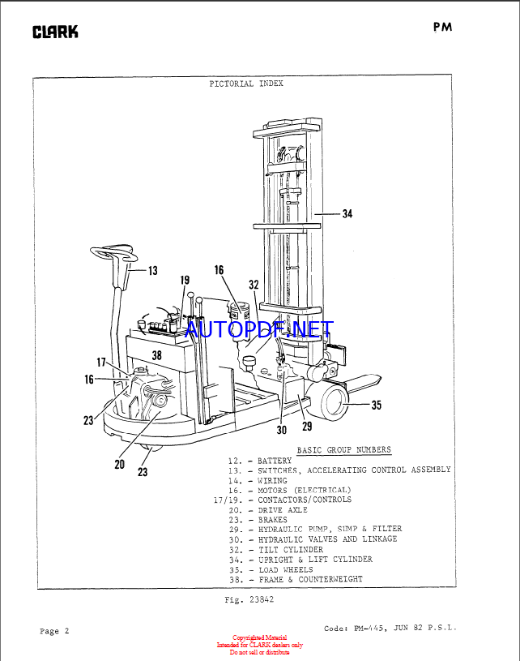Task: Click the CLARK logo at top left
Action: [55, 32]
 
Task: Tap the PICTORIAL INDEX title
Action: [246, 84]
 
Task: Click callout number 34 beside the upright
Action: [347, 214]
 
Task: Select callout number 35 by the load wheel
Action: [377, 405]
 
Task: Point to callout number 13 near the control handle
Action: [153, 271]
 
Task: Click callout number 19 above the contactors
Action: [185, 280]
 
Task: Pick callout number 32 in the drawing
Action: [254, 285]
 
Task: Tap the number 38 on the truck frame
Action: [156, 355]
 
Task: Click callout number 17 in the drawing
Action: [101, 362]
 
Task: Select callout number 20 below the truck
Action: [120, 464]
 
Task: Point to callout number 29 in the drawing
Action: [307, 426]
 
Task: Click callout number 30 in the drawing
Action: [282, 430]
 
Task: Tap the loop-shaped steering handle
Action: [114, 254]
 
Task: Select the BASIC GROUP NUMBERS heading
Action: [344, 450]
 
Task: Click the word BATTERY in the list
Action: [275, 461]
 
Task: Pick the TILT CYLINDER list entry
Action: [291, 550]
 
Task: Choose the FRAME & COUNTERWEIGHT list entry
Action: [311, 579]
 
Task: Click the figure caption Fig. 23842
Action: [249, 599]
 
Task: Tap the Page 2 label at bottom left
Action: [54, 631]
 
